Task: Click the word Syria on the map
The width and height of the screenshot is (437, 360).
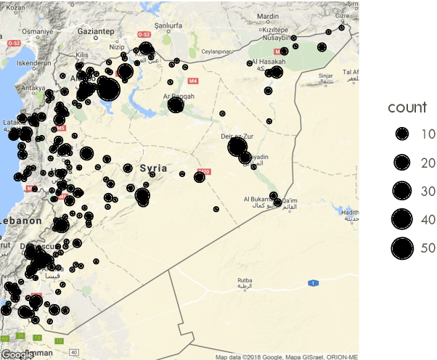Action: coord(153,168)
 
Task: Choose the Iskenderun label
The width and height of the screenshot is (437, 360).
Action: coord(31,63)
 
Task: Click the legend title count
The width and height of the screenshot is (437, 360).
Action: coord(407,108)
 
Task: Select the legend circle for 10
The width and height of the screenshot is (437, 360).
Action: coord(401,134)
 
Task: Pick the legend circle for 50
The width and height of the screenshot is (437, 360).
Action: coord(401,247)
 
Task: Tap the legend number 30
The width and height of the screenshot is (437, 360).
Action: coord(428,191)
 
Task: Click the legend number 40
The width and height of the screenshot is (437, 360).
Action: coord(428,219)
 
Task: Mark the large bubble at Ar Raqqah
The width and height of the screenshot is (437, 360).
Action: coord(175,106)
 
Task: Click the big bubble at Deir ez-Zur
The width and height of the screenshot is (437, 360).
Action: coord(237,147)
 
